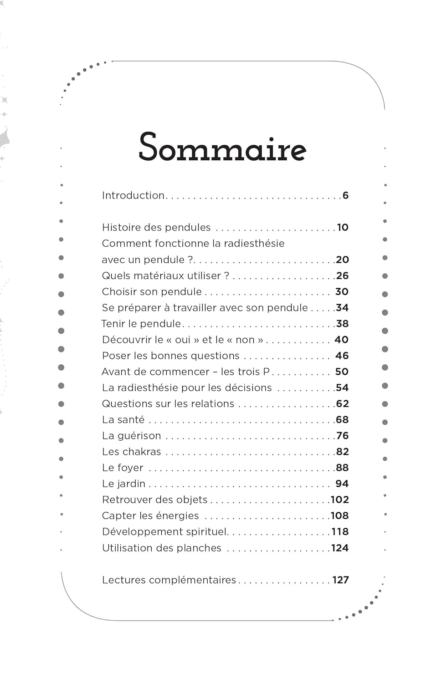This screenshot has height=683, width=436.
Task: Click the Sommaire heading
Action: pos(222,147)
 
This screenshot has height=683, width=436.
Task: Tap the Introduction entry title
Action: pos(133,195)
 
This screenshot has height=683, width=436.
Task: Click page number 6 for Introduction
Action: pos(345,195)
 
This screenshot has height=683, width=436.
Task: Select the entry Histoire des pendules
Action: pos(156,227)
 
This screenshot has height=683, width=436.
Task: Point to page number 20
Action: pos(342,260)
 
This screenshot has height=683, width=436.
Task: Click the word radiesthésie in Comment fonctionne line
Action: pos(254,243)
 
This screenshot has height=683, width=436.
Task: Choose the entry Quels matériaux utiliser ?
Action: pos(165,275)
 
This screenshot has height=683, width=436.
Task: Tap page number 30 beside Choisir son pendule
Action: pos(342,291)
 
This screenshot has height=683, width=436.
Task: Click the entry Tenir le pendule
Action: pos(141,324)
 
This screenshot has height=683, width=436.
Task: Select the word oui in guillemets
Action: pos(183,340)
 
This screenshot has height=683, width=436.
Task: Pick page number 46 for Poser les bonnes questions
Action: pos(342,356)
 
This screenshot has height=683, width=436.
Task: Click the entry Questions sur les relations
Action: pos(168,403)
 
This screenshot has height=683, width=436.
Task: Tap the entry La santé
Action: pos(123,420)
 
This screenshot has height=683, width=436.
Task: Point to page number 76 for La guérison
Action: pos(342,436)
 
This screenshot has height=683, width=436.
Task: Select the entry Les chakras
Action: pos(132,452)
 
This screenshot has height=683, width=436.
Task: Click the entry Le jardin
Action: pos(123,484)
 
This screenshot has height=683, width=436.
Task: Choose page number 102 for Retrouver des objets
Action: pos(339,500)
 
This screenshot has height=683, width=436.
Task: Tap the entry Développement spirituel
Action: pos(165,532)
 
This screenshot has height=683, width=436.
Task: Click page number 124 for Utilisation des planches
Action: pos(339,548)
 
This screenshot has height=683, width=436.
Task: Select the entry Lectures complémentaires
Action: pos(169,580)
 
